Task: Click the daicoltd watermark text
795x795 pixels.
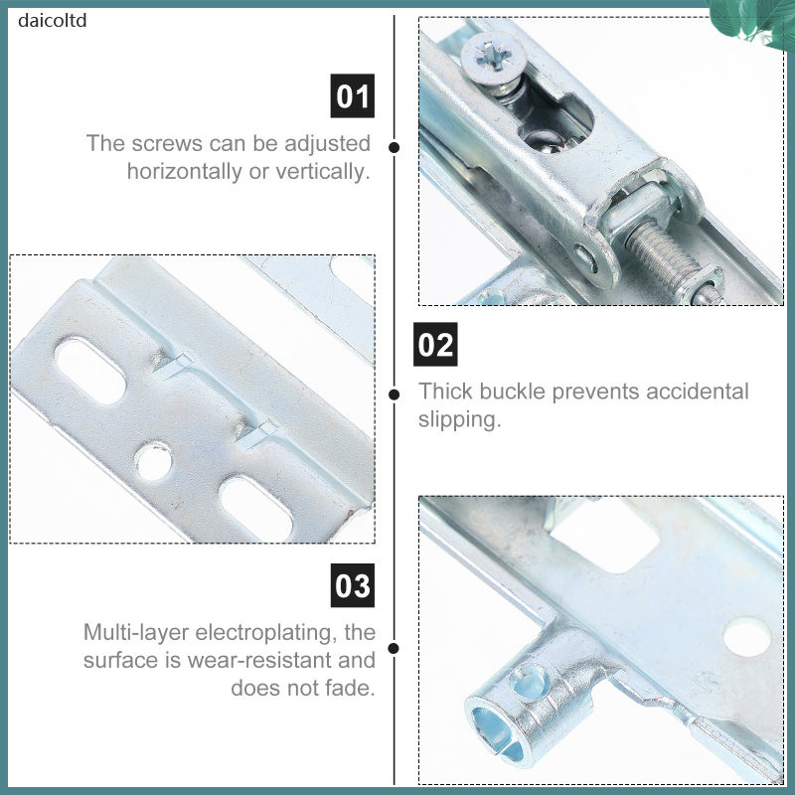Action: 53,21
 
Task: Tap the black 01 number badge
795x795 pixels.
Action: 353,95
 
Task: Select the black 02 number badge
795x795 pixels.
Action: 435,344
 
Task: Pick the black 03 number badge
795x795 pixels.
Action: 353,585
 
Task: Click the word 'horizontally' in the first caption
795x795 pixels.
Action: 185,172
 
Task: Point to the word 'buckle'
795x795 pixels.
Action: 512,392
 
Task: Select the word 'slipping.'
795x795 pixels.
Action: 460,419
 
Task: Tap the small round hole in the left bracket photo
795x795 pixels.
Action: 153,460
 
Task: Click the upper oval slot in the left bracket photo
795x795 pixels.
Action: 90,371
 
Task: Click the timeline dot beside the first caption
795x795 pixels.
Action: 394,147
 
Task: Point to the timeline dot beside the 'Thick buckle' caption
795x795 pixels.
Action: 394,395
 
